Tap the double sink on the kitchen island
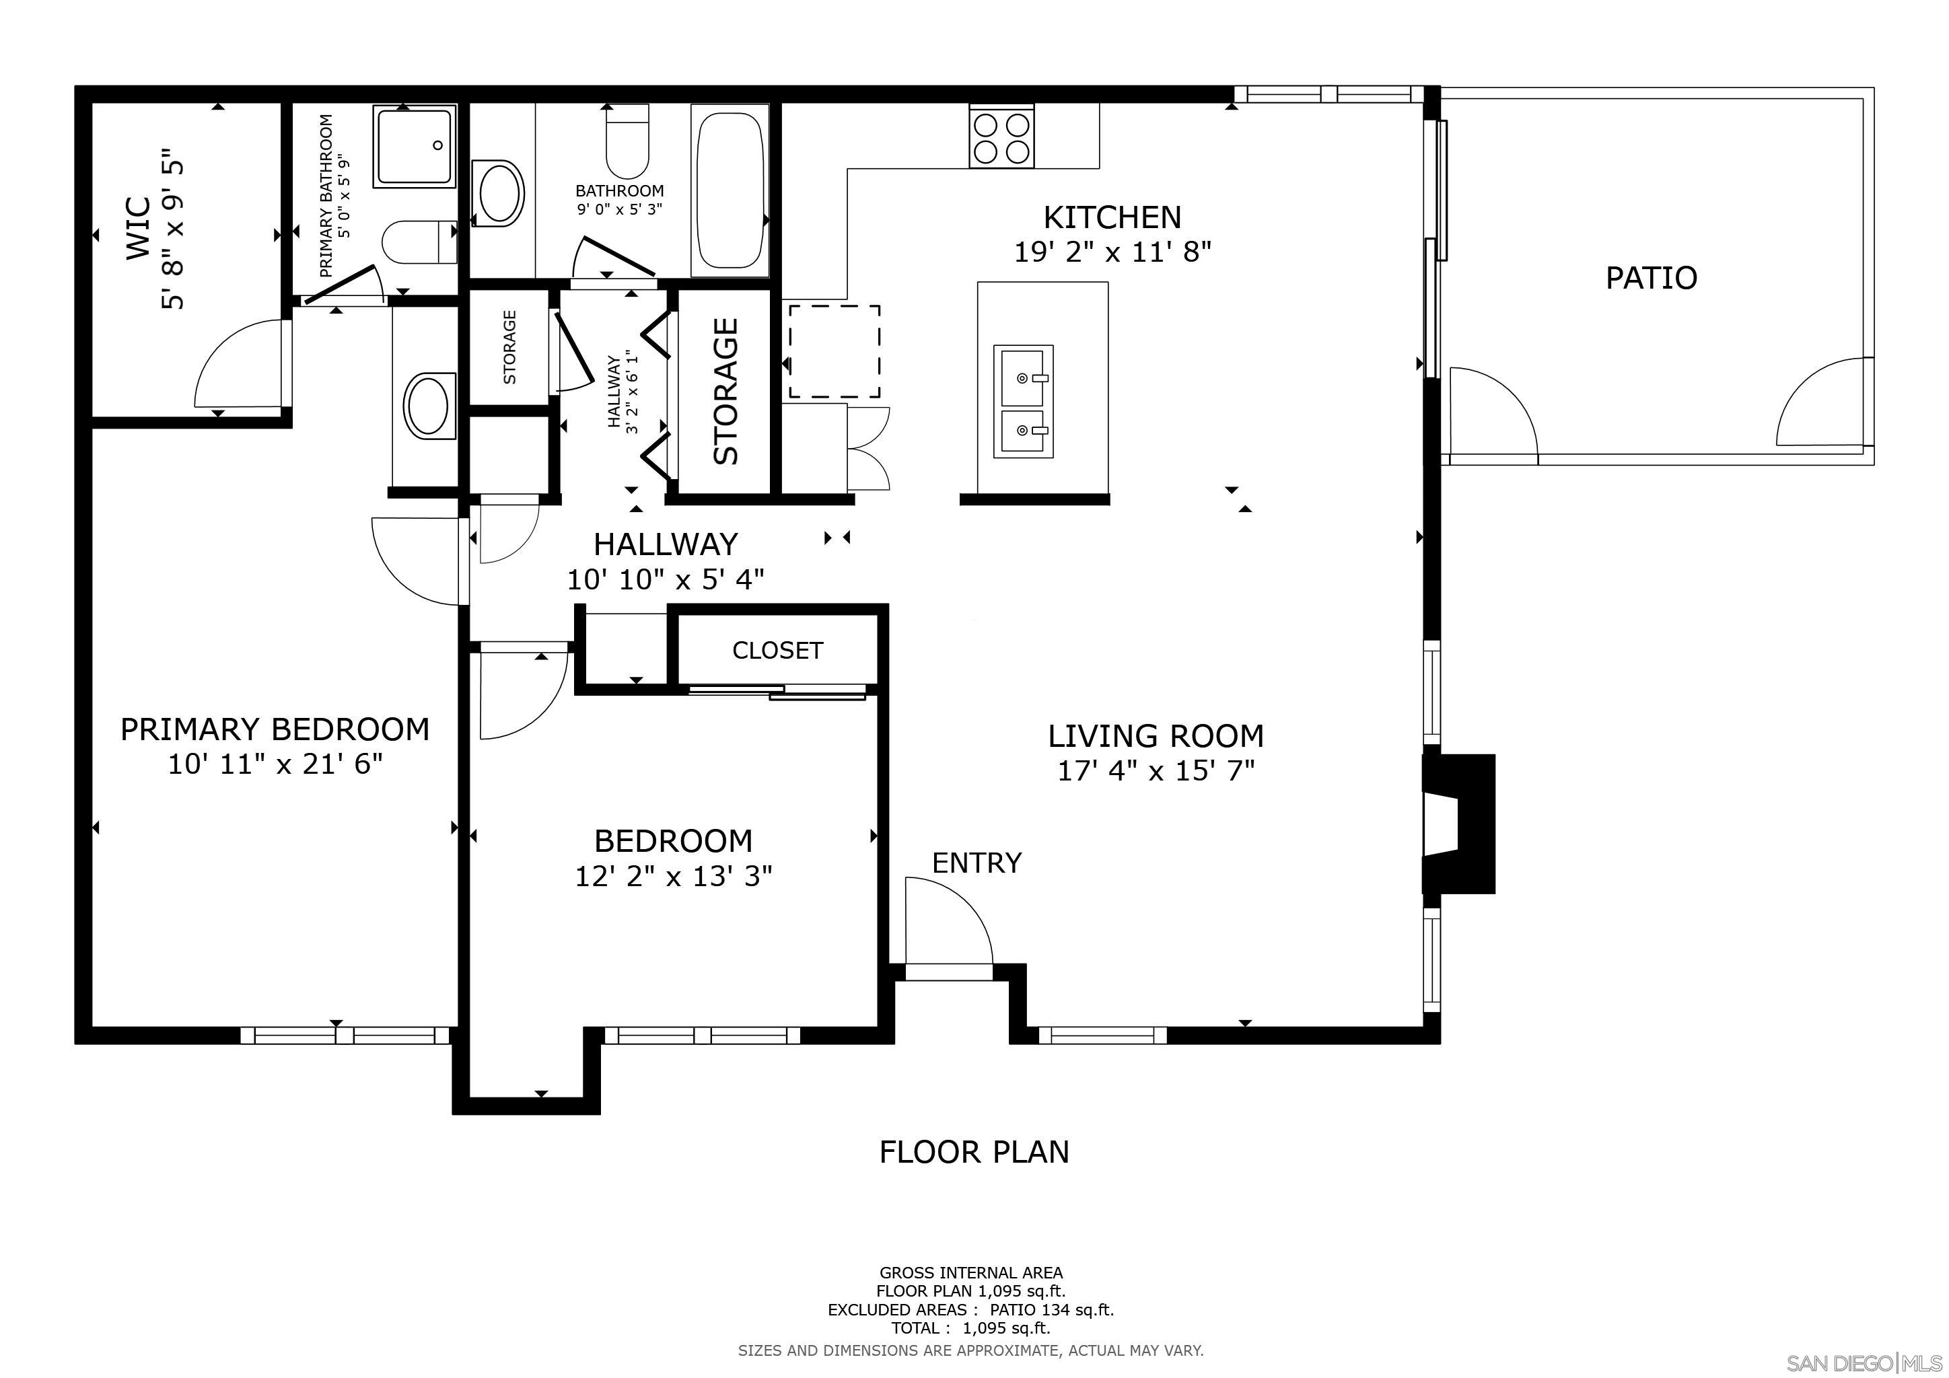click(1023, 400)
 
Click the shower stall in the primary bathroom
click(415, 147)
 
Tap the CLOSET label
click(777, 651)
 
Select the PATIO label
click(1650, 279)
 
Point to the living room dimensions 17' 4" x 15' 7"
click(1156, 771)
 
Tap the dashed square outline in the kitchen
click(834, 351)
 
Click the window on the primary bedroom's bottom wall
click(344, 1036)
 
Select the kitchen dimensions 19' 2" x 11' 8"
click(1112, 252)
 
